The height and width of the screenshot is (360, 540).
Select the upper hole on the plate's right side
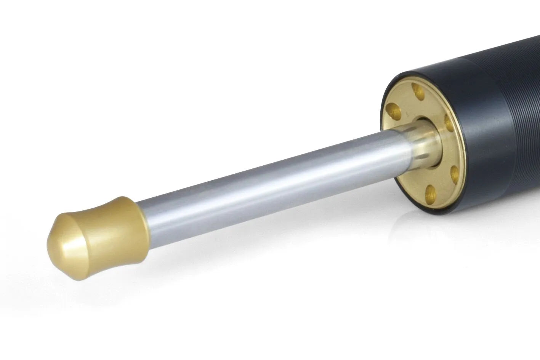click(451, 122)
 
